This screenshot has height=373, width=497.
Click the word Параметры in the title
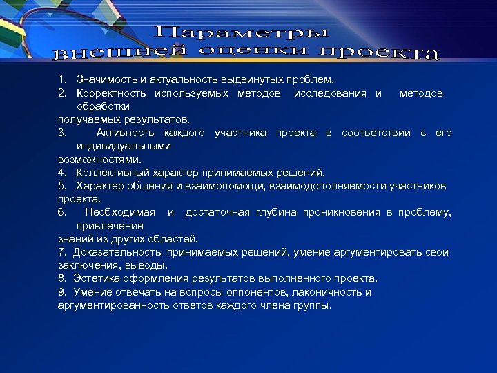pyautogui.click(x=241, y=32)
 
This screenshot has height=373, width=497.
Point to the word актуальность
pyautogui.click(x=172, y=80)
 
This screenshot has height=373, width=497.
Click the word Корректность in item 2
pyautogui.click(x=112, y=93)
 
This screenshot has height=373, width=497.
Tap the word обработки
pyautogui.click(x=103, y=106)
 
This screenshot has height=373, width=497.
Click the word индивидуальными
pyautogui.click(x=124, y=146)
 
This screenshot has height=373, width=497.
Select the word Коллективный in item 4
pyautogui.click(x=110, y=173)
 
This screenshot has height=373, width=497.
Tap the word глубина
pyautogui.click(x=275, y=212)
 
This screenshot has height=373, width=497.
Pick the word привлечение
pyautogui.click(x=110, y=226)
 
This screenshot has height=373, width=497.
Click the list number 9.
pyautogui.click(x=62, y=292)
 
